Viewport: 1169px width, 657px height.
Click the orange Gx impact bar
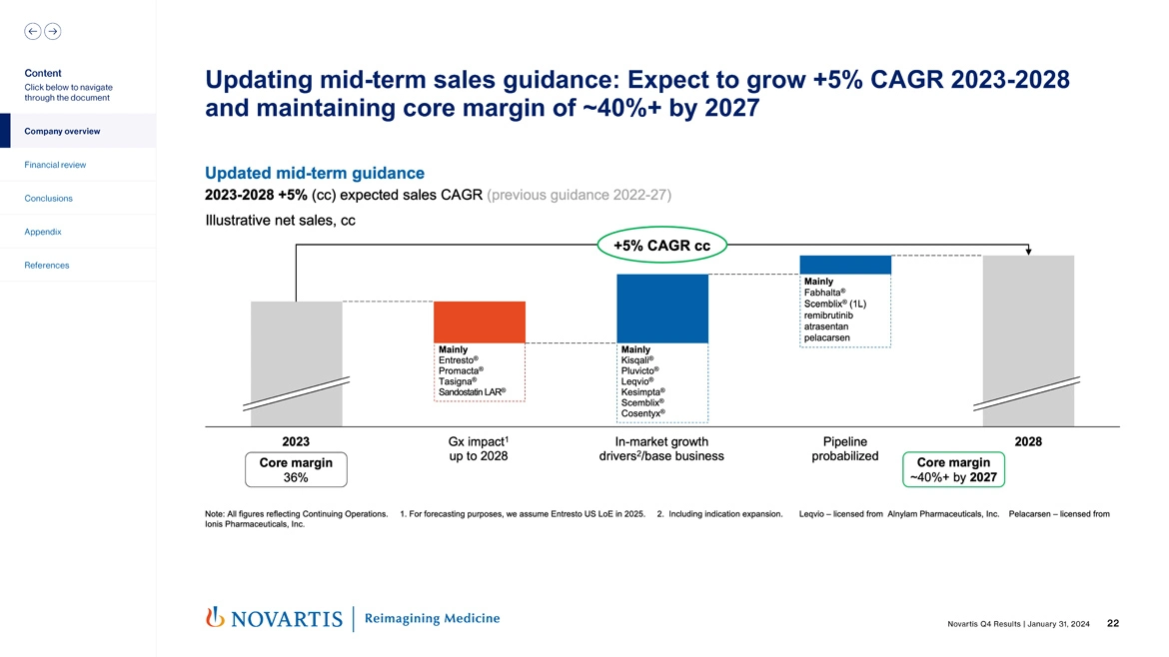pos(480,322)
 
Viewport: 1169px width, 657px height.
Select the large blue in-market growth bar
pos(662,308)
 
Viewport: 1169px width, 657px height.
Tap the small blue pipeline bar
pos(845,265)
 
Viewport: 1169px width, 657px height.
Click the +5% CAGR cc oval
pos(661,246)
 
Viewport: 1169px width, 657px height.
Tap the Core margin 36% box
pos(296,469)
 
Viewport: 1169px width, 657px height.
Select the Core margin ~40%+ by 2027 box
pos(953,469)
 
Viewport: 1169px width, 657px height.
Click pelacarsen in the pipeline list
pos(826,337)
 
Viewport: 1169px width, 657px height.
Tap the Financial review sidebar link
pos(56,165)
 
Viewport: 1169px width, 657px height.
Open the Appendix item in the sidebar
pos(43,232)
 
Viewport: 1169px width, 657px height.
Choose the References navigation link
pos(47,266)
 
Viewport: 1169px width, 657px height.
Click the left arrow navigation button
pos(32,31)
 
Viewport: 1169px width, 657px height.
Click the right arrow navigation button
pos(52,31)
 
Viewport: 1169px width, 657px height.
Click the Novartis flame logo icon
pos(213,618)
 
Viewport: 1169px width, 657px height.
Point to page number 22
pos(1113,624)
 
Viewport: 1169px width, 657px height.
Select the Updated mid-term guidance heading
pos(315,173)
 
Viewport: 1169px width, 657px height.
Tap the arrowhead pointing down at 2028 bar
pos(1029,252)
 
